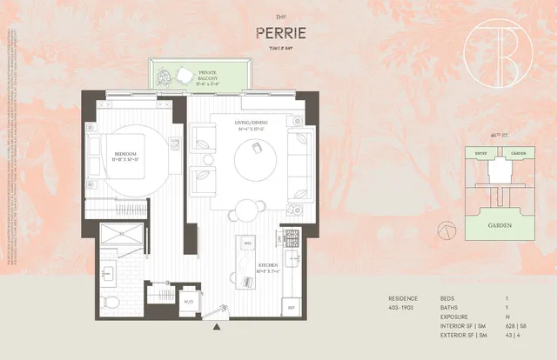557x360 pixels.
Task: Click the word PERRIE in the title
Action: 278,33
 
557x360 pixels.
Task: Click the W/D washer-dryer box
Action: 189,301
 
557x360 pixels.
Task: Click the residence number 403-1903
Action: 404,307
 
